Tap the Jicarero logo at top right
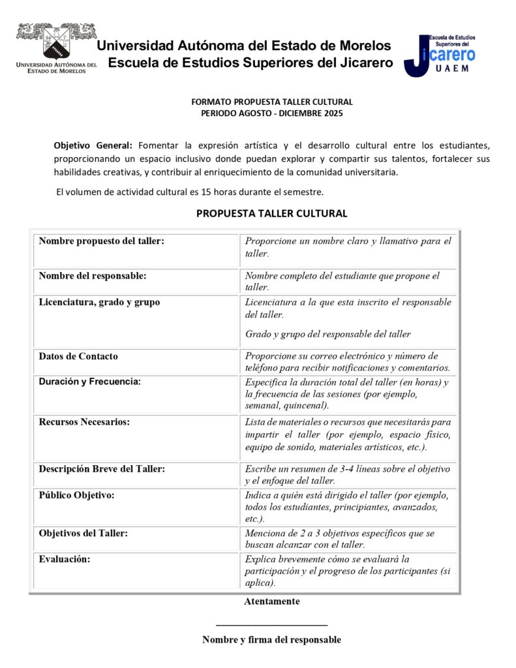[x=439, y=55]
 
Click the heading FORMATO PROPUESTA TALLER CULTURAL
[x=271, y=102]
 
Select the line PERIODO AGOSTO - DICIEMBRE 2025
[x=271, y=113]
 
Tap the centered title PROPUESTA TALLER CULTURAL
[x=271, y=213]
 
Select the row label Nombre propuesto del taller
[x=101, y=241]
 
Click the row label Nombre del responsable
[x=92, y=276]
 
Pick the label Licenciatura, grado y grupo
[x=99, y=302]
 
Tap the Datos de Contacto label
[x=78, y=356]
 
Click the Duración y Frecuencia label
[x=89, y=382]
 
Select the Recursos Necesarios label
[x=84, y=421]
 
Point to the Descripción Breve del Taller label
[x=101, y=469]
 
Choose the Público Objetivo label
[x=76, y=495]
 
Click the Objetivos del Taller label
[x=83, y=533]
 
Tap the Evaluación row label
[x=64, y=559]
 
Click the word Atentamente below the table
[x=271, y=601]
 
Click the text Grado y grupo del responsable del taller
[x=327, y=334]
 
